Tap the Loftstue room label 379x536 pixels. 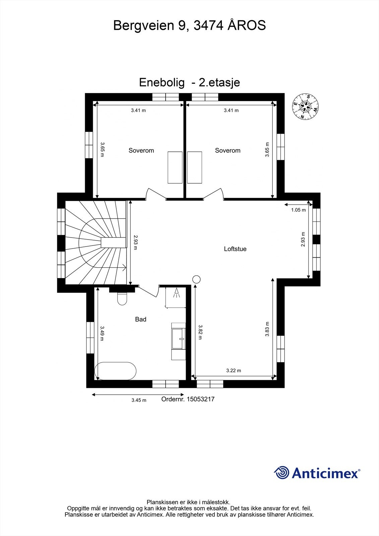point(235,249)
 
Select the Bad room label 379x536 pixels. point(140,319)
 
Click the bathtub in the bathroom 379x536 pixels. point(115,371)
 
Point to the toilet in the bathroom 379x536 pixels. point(122,298)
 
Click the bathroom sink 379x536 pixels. point(178,339)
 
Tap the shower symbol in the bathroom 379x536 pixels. point(176,294)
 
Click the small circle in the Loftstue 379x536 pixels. point(196,279)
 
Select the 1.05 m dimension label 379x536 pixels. point(298,210)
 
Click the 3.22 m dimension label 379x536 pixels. point(234,371)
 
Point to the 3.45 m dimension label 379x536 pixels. point(139,400)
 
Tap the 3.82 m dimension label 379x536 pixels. point(200,332)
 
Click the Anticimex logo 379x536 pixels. point(317,473)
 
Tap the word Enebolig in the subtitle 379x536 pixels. point(162,82)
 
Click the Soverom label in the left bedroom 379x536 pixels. point(141,150)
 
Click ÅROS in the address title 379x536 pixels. point(247,25)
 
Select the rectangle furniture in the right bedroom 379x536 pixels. point(195,167)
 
